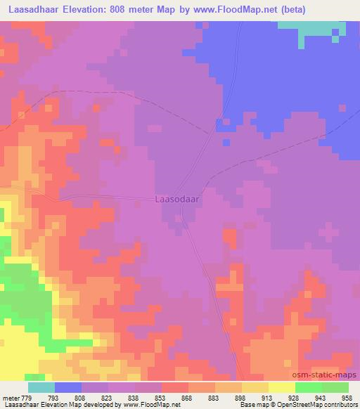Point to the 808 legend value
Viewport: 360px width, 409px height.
[x=81, y=397]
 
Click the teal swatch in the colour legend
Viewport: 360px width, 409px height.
[x=41, y=387]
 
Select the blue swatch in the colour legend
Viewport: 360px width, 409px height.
[x=68, y=387]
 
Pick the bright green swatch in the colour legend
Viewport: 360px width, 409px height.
[x=308, y=387]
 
